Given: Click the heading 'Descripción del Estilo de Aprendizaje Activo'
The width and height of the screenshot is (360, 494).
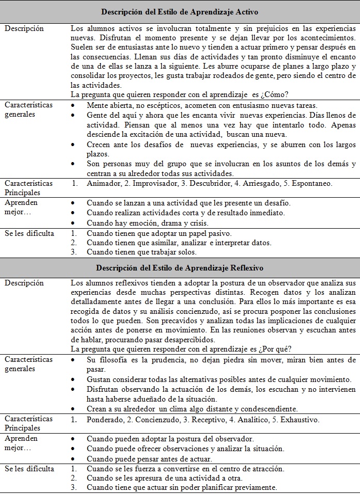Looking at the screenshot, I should point(180,11).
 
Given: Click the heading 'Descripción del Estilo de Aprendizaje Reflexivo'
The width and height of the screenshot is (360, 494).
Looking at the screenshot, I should point(180,268).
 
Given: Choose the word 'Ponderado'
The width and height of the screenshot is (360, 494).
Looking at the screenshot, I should point(104,420).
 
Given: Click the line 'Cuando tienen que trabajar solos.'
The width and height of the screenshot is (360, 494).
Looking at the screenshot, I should point(142,252).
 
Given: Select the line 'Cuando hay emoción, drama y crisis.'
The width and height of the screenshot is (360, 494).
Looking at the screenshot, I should point(147,223).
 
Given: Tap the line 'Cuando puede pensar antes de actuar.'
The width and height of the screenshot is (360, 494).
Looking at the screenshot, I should point(149,459).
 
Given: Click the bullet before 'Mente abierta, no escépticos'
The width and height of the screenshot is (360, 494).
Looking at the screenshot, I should point(74,105).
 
